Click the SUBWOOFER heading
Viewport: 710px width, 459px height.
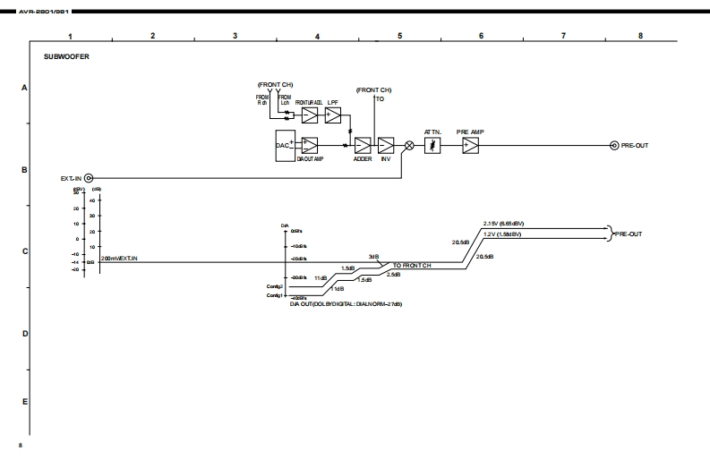(x=67, y=56)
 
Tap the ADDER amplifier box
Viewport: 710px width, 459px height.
(x=363, y=146)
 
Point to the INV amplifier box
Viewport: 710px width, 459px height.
(x=386, y=146)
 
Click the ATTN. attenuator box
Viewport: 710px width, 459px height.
(x=432, y=146)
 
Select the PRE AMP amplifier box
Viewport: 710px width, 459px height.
(x=471, y=146)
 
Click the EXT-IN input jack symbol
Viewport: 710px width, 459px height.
(x=89, y=178)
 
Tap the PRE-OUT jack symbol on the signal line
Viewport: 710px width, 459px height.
(x=613, y=146)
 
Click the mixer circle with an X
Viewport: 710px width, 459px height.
(x=410, y=146)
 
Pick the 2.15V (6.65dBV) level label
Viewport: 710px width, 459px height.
(x=502, y=223)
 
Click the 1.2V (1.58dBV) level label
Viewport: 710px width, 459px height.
(x=502, y=234)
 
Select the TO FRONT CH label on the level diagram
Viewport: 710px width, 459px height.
(x=412, y=267)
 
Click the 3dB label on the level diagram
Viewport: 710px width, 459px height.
(x=373, y=257)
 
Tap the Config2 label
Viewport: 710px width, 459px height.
(x=275, y=286)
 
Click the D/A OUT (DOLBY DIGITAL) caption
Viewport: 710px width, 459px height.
(x=346, y=304)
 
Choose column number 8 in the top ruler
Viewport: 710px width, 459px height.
(x=640, y=35)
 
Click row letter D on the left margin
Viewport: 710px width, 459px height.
(x=24, y=334)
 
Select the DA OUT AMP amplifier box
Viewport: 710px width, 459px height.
(x=310, y=146)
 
